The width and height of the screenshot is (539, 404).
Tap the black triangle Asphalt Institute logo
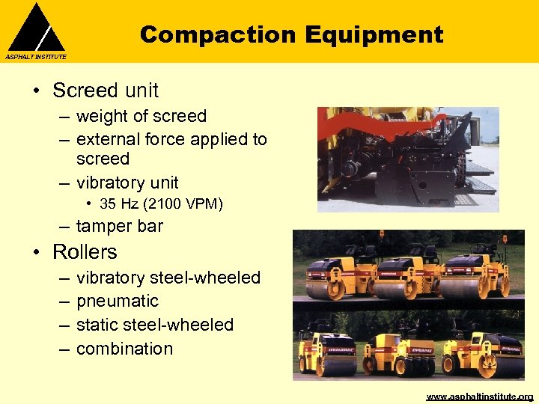pos(36,28)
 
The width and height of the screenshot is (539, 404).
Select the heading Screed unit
pos(105,91)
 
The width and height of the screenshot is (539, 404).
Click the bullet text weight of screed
pos(141,116)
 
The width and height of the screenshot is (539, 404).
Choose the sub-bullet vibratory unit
pos(127,183)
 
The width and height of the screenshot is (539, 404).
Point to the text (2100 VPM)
pos(184,203)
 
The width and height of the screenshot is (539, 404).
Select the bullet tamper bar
pos(119,226)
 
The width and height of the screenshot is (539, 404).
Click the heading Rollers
pos(85,252)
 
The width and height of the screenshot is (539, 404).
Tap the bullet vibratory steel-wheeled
pos(168,278)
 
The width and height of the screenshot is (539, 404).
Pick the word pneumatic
pos(118,301)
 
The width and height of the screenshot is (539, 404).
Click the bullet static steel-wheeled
pos(155,325)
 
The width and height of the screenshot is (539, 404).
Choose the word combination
pos(124,349)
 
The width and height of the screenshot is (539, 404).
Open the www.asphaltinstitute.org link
pos(479,397)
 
